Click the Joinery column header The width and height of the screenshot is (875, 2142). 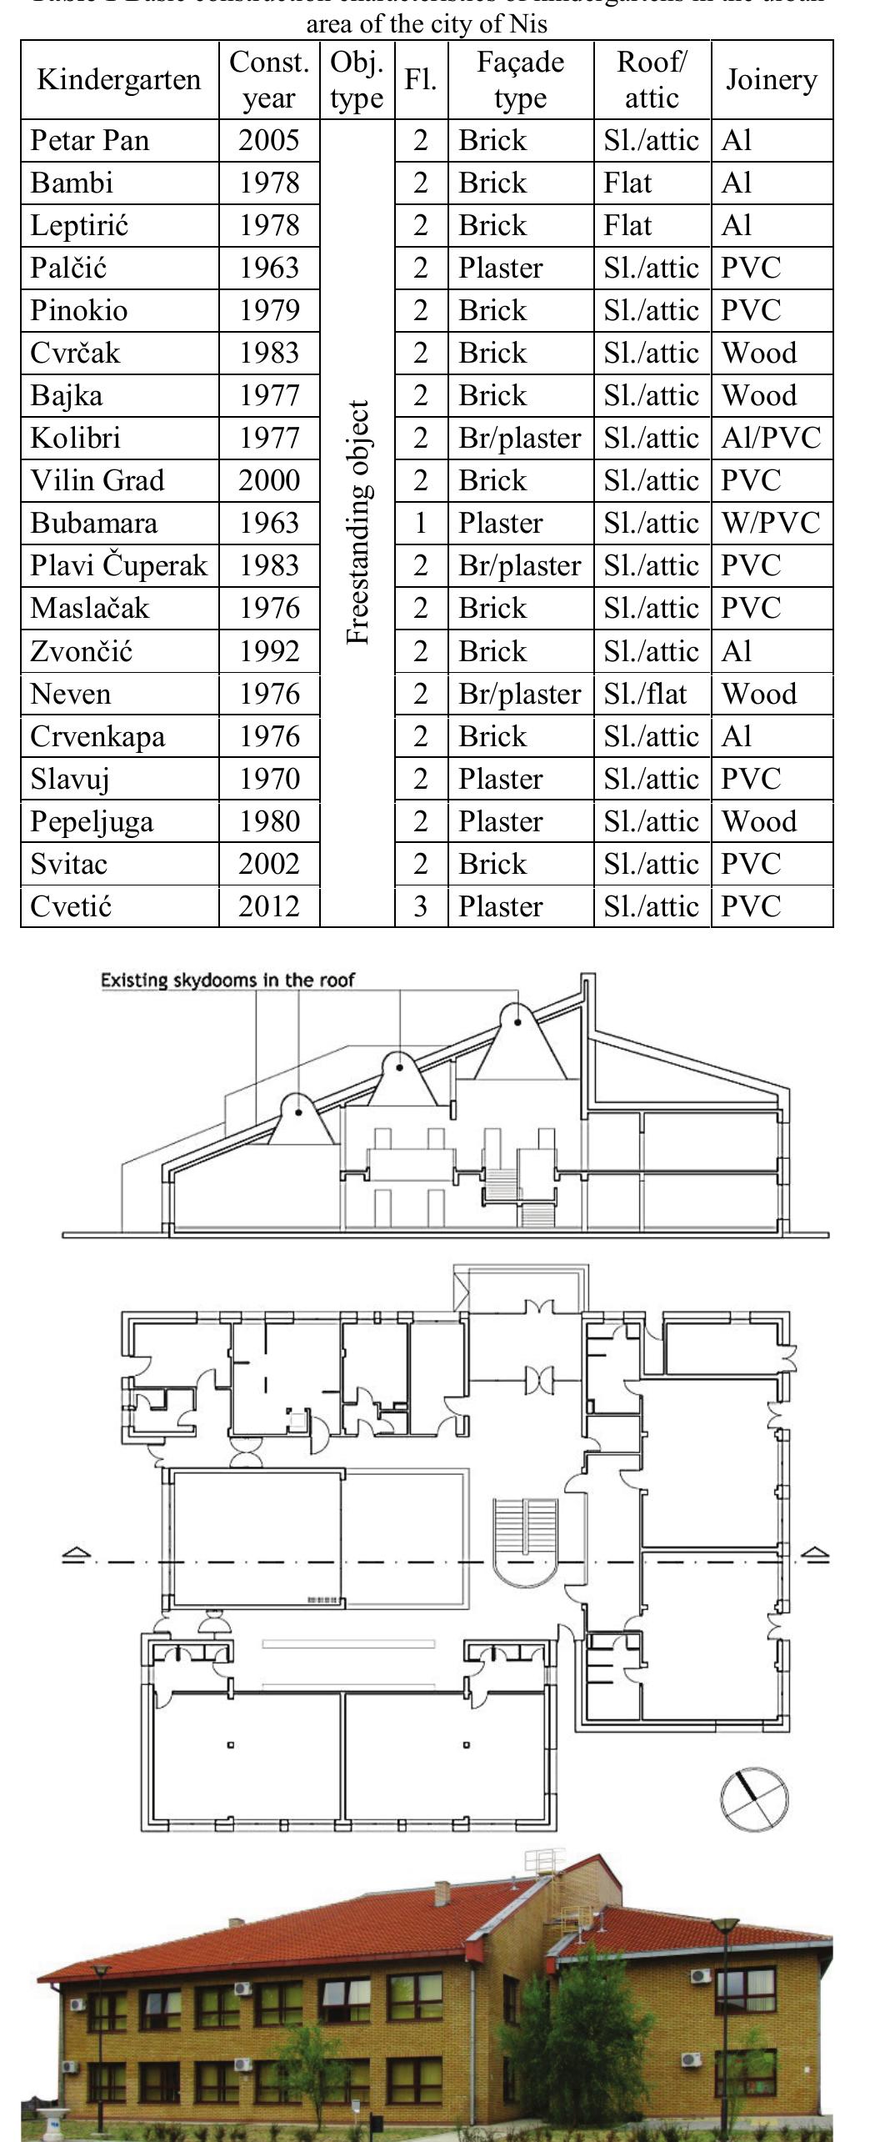(771, 80)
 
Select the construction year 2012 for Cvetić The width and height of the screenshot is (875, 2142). (268, 905)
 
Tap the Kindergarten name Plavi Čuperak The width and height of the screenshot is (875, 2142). (118, 565)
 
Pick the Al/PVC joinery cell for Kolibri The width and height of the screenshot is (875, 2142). (771, 438)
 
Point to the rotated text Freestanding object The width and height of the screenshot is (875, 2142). (357, 523)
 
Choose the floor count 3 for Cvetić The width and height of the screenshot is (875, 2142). (421, 905)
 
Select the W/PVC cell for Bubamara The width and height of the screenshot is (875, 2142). (771, 523)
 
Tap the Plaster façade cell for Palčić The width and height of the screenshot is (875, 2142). (500, 268)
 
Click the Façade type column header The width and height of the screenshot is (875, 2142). (520, 80)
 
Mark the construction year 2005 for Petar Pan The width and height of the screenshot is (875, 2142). (268, 140)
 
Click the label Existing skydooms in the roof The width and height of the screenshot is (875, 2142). (227, 981)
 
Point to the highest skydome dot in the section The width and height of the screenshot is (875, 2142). (517, 1021)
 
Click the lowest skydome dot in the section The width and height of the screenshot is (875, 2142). (298, 1111)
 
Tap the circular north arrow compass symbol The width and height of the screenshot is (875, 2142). (753, 1798)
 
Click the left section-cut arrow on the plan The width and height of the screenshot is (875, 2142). (77, 1554)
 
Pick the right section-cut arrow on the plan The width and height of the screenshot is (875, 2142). (815, 1554)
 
